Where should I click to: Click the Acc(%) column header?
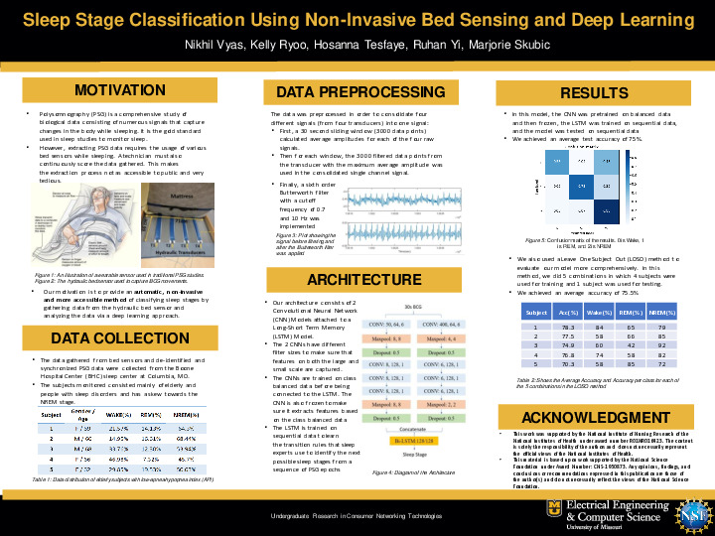[570, 312]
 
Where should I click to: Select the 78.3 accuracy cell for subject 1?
[569, 327]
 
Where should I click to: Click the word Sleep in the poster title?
[55, 19]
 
